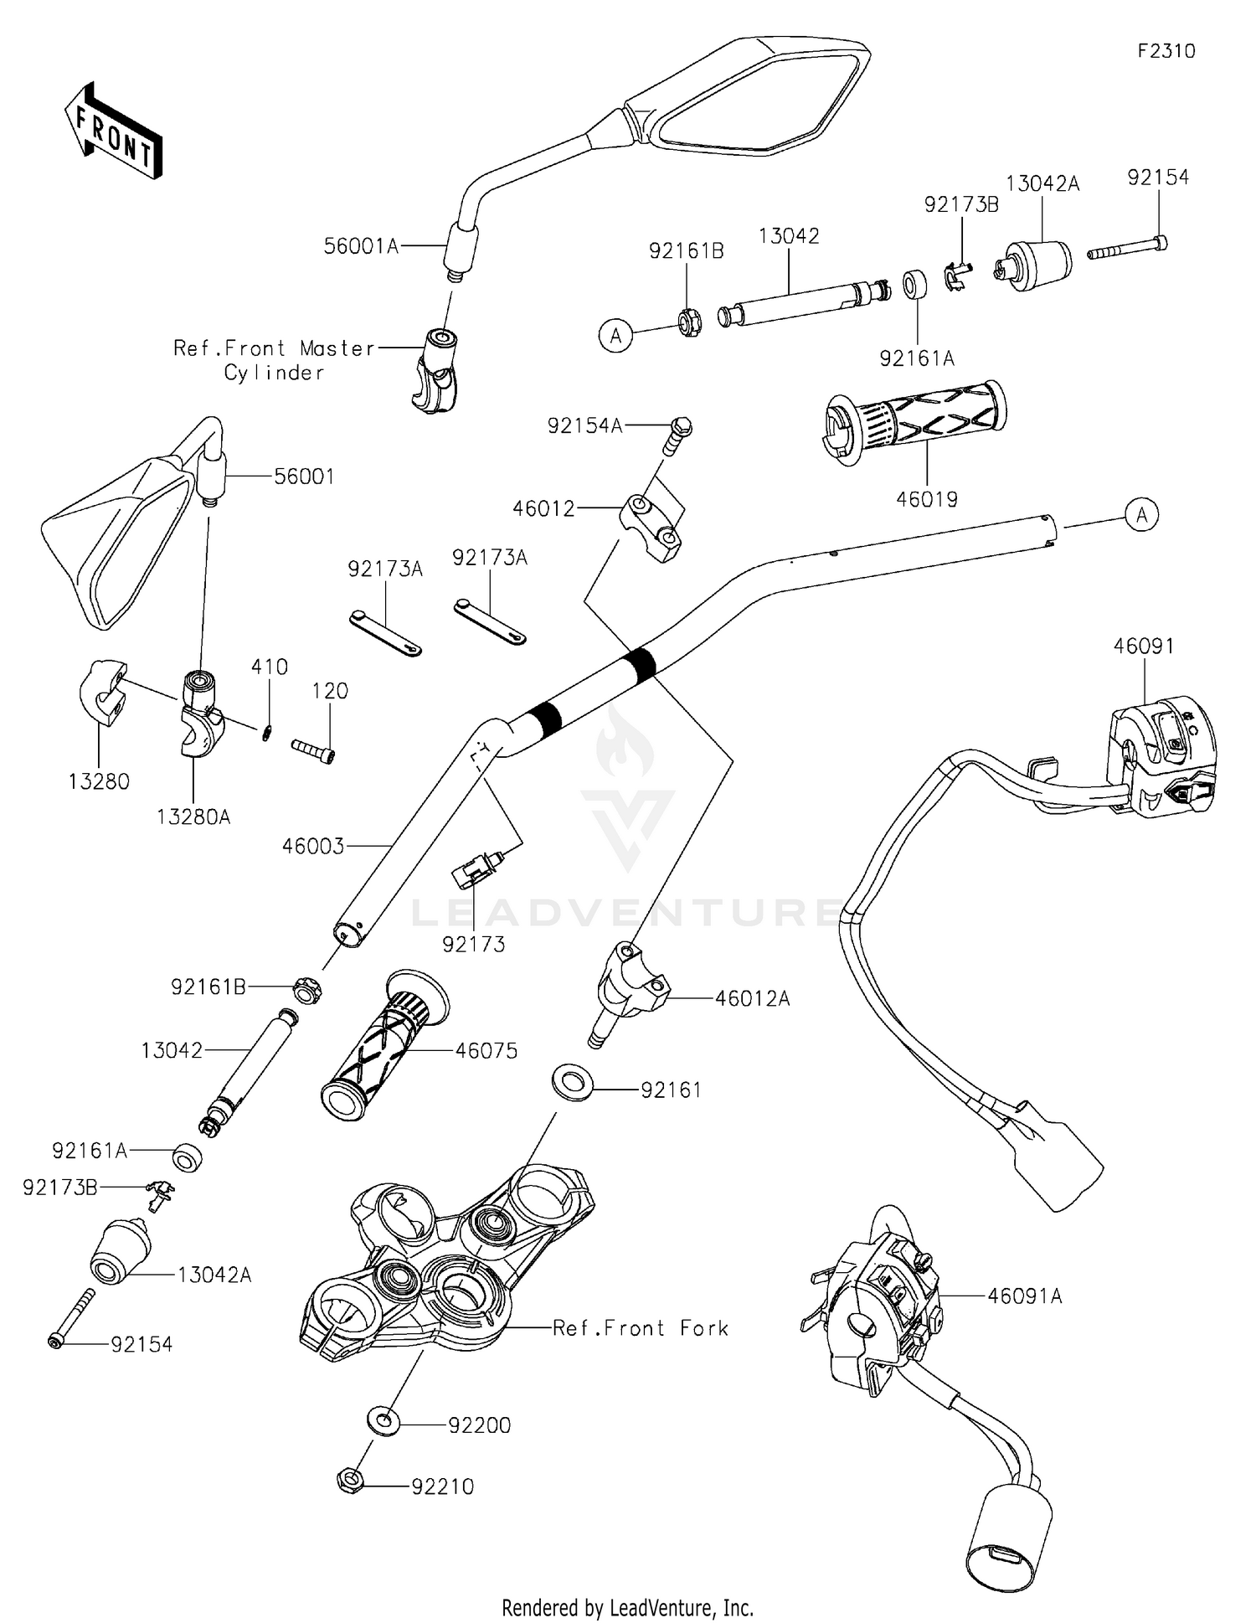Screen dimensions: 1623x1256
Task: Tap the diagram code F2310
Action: click(x=1166, y=51)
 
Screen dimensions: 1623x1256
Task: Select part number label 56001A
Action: click(x=360, y=246)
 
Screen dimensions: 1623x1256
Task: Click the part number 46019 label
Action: click(x=926, y=499)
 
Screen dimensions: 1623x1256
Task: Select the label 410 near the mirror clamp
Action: click(x=270, y=667)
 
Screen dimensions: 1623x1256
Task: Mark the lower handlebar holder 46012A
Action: click(x=630, y=988)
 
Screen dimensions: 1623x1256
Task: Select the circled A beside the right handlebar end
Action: click(x=1142, y=514)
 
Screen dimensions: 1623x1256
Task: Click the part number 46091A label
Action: click(x=1024, y=1296)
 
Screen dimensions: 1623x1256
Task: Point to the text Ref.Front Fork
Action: click(x=641, y=1327)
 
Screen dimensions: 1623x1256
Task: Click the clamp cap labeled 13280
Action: click(x=102, y=693)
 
